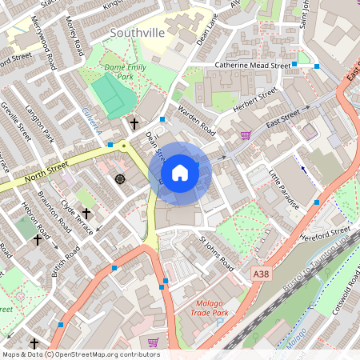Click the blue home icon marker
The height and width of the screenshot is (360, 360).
tap(180, 173)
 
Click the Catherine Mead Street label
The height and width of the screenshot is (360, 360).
tap(251, 66)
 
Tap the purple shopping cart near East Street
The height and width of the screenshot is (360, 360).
tap(246, 135)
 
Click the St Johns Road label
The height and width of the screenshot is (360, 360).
tap(217, 251)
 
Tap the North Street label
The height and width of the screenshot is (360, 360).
tap(43, 177)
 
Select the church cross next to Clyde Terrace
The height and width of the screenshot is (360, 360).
tap(86, 214)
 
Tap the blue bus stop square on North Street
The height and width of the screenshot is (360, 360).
tap(110, 145)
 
